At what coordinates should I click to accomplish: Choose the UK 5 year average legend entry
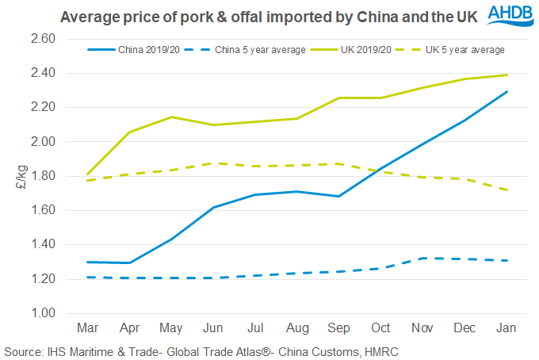coord(468,49)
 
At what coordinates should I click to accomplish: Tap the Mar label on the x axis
coord(87,327)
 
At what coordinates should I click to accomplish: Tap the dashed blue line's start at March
coord(87,277)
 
